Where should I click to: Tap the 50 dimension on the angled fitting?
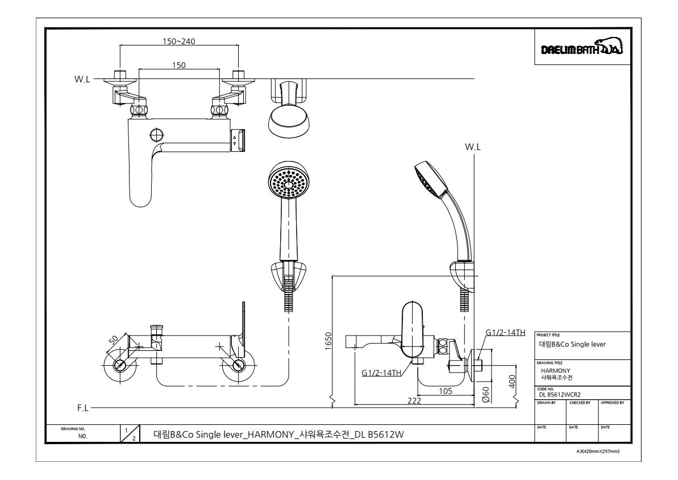coord(113,340)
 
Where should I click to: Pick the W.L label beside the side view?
coord(473,146)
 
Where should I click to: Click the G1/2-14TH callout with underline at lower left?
coord(381,373)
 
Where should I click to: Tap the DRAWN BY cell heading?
coord(544,403)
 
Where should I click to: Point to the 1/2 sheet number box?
coord(130,435)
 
